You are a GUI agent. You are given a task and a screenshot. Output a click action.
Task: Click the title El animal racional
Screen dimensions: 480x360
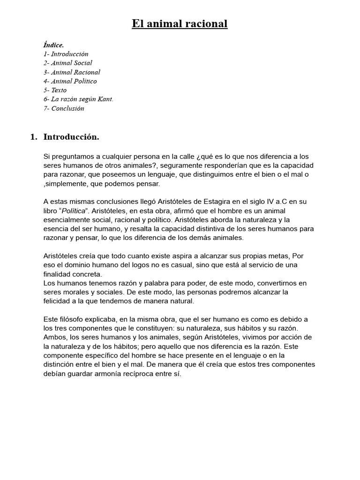[180, 24]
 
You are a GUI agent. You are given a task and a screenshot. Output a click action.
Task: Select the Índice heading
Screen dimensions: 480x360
[53, 45]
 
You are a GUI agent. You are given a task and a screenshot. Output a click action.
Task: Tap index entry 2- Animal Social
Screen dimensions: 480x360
[67, 63]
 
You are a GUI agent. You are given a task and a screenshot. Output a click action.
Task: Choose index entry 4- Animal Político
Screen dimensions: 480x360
[70, 81]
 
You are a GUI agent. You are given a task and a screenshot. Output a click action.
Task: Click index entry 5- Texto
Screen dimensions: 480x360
[55, 90]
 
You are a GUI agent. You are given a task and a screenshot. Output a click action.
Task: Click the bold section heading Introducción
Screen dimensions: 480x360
[71, 137]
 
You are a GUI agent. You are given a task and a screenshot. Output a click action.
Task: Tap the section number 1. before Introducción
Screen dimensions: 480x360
[34, 137]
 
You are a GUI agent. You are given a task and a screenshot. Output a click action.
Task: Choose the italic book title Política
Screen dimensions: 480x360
[73, 210]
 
